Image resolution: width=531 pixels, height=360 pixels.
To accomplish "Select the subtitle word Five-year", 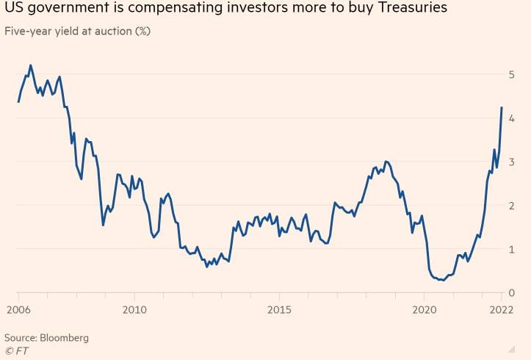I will (x=28, y=32).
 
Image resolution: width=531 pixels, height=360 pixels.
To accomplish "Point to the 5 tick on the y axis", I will (x=512, y=74).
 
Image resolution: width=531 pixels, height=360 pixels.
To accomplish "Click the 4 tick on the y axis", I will (x=512, y=118).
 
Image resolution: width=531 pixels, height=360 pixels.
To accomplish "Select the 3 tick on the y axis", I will (x=512, y=162).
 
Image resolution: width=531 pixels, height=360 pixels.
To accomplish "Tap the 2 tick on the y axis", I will (x=512, y=206).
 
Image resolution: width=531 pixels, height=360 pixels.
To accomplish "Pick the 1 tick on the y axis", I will (x=512, y=249).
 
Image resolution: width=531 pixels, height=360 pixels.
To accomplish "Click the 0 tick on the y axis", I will (x=512, y=293).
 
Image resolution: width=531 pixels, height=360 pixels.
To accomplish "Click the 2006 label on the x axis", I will (x=18, y=311).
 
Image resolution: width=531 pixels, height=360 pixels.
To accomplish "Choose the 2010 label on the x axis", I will (x=134, y=311).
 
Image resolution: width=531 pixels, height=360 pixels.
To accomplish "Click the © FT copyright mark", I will (x=15, y=350).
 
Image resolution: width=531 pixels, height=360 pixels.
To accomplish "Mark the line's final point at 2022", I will (x=502, y=107).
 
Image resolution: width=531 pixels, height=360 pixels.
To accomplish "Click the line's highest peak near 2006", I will (x=30, y=65).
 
